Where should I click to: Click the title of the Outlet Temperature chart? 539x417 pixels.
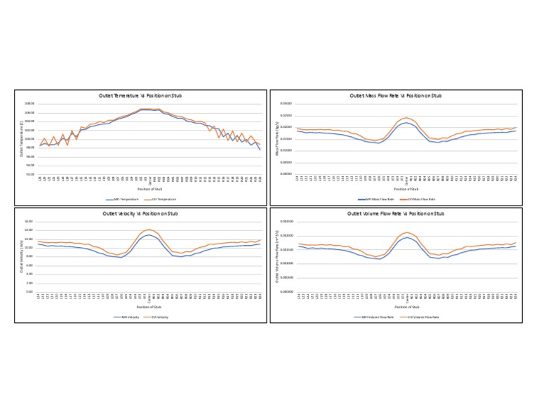(x=150, y=95)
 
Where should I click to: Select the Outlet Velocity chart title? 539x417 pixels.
(x=150, y=213)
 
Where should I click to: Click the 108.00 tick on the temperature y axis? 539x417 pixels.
(x=29, y=104)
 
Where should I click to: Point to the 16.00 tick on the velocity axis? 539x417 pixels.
(x=29, y=222)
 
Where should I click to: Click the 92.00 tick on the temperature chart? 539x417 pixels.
(x=29, y=173)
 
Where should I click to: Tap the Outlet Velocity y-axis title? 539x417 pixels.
(x=21, y=256)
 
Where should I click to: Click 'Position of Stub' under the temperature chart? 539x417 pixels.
(x=150, y=189)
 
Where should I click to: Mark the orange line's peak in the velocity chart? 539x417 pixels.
(x=149, y=230)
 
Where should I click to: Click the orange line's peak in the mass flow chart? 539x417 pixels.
(x=406, y=118)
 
